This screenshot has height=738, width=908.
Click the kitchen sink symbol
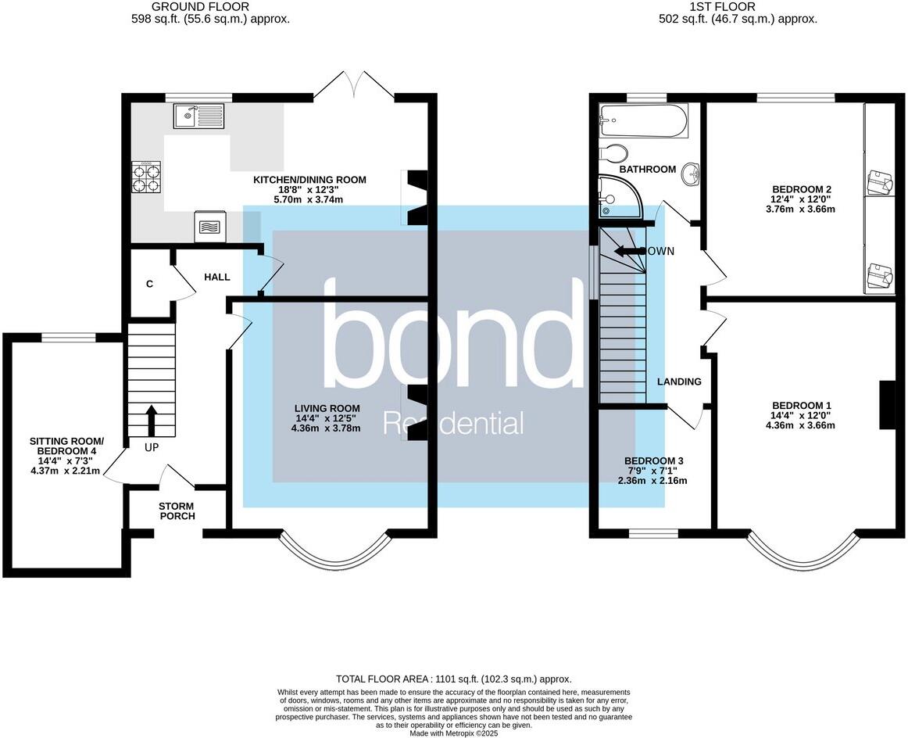(199, 116)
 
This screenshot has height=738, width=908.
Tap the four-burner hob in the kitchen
(145, 176)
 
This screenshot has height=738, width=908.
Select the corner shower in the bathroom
(617, 196)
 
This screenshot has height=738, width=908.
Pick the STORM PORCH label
(177, 511)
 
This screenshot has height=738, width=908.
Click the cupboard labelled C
(149, 285)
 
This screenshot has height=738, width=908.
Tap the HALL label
(216, 278)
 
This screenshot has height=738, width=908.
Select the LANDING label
(678, 382)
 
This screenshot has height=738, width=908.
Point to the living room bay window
(334, 553)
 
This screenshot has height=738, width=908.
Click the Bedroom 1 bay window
(802, 553)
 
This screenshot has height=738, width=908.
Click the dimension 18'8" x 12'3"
(309, 189)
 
